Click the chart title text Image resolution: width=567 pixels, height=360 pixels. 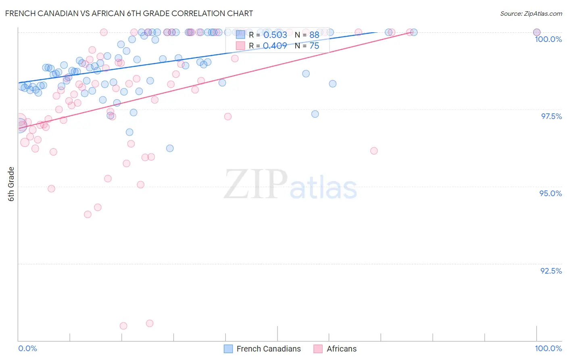(129, 13)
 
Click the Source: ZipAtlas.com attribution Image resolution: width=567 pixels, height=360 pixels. (531, 13)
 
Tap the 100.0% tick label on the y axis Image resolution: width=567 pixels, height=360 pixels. (548, 39)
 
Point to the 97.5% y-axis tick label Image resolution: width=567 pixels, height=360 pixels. (551, 116)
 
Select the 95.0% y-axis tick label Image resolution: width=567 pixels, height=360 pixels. (550, 193)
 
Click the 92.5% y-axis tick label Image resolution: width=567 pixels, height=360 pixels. (551, 271)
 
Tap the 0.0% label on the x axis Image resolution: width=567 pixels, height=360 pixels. (27, 348)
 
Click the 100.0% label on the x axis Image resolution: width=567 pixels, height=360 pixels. (548, 348)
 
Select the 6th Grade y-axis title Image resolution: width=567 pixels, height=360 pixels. (11, 184)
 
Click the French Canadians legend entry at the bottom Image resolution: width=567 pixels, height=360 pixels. (268, 349)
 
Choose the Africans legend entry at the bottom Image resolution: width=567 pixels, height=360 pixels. (341, 349)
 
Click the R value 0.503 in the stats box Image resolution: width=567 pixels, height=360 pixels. (275, 35)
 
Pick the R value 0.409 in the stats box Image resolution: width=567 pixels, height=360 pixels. (275, 46)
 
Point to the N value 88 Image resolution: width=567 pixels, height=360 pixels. (314, 35)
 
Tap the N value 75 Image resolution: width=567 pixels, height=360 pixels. (314, 46)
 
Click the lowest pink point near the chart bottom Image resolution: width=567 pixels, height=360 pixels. (123, 326)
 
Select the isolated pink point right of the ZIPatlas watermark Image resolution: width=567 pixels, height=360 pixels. (374, 151)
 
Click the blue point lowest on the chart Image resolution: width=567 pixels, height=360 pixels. (170, 149)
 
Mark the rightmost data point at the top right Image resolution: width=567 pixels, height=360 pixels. (537, 32)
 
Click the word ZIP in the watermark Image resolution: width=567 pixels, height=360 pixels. (255, 184)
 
